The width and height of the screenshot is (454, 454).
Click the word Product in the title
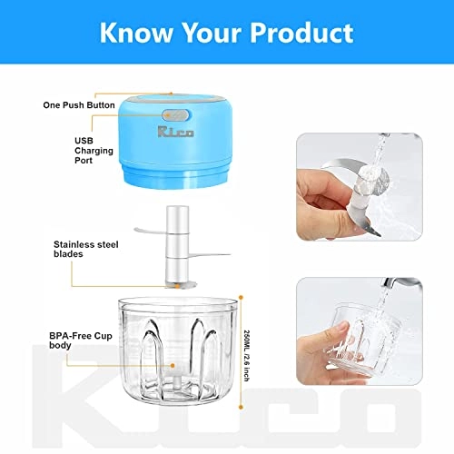[301, 34]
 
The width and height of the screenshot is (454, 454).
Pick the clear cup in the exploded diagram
[181, 359]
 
